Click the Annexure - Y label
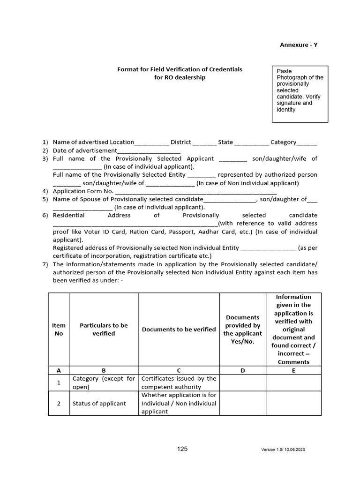299,45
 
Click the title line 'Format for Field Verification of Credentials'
180,69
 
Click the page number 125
182,449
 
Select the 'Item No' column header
59,329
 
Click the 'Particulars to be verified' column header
104,329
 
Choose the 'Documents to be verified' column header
179,329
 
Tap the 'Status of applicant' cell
99,403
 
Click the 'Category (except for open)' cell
104,382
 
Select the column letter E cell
293,370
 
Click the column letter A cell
59,370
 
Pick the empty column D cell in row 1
242,382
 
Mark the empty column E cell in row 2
293,403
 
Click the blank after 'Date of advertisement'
148,151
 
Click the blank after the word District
204,142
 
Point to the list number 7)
45,264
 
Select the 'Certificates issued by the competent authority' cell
179,382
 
